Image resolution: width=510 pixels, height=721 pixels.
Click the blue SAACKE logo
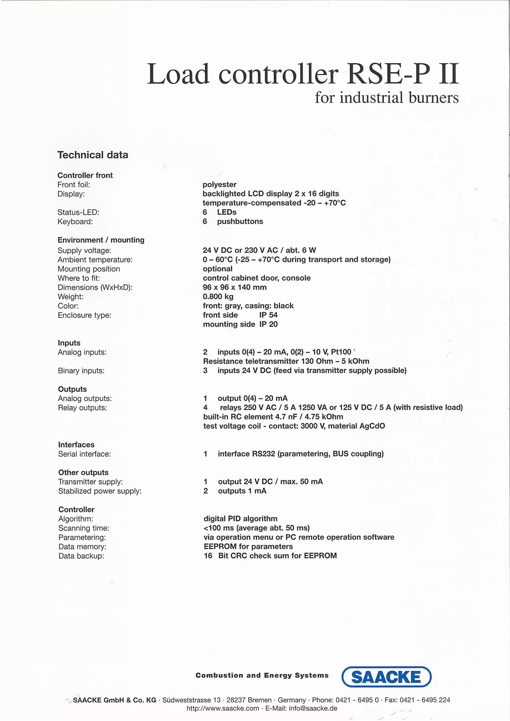386,677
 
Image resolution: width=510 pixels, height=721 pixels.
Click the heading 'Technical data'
93,155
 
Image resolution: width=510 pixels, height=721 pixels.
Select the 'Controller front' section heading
85,175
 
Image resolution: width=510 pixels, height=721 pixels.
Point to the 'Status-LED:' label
78,212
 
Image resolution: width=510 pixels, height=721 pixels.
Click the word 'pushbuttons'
240,221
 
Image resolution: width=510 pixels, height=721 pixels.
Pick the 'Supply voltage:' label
84,251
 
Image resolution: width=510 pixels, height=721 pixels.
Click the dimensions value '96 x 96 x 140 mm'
235,287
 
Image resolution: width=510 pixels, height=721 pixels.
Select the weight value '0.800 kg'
218,297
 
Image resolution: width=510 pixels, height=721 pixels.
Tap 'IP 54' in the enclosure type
268,315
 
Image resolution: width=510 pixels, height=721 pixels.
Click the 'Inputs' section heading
69,343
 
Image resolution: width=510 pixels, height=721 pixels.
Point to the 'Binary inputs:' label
81,371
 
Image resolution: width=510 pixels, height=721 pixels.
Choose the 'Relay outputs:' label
82,408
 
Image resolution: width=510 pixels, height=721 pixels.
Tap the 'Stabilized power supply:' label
100,491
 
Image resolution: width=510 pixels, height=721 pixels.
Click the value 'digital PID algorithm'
240,519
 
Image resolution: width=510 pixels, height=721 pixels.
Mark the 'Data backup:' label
81,556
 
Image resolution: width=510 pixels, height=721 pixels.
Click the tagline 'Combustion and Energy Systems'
262,675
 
